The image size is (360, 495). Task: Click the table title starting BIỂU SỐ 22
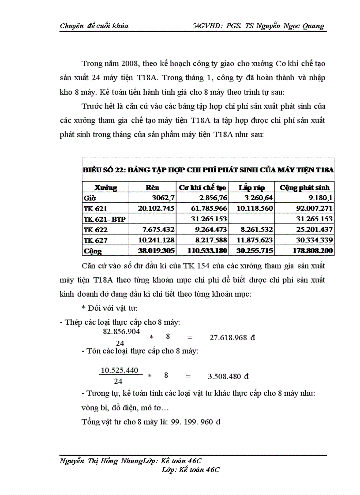pyautogui.click(x=208, y=170)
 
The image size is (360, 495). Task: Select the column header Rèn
pyautogui.click(x=152, y=187)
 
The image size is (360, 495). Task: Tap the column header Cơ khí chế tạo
pyautogui.click(x=202, y=187)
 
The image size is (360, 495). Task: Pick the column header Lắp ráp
pyautogui.click(x=251, y=187)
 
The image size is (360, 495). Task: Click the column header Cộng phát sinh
pyautogui.click(x=304, y=187)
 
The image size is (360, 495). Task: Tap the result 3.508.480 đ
pyautogui.click(x=228, y=376)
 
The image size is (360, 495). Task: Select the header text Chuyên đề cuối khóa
pyautogui.click(x=94, y=26)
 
